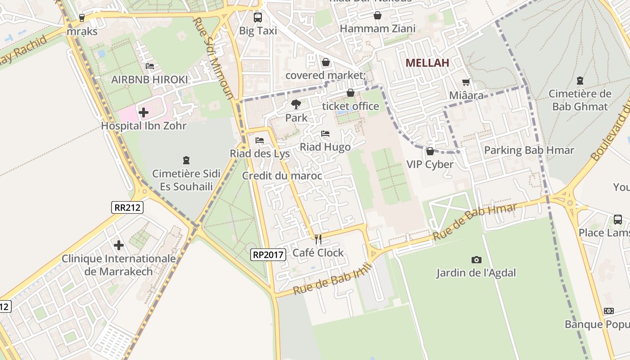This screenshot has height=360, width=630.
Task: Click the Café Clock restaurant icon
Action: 318,239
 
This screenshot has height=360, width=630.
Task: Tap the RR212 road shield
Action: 127,207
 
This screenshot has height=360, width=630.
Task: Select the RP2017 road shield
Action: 268,255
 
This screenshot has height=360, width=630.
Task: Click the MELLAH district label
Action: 427,63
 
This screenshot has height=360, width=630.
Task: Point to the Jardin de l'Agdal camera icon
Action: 476,260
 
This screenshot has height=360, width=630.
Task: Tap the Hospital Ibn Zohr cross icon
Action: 144,112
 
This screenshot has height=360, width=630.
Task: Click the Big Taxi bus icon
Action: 258,18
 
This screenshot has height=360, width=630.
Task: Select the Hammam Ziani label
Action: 378,29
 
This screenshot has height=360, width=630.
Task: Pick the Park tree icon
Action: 296,104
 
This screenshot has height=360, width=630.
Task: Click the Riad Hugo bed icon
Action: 325,134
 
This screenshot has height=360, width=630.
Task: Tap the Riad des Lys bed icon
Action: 260,140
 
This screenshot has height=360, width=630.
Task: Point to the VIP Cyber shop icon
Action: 430,151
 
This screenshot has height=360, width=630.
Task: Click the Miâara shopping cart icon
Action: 466,82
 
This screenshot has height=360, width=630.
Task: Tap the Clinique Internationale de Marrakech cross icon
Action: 119,245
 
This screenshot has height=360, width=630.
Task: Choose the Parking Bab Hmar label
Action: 529,150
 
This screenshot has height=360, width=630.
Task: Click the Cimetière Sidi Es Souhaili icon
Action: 186,160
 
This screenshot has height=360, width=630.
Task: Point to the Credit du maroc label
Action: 282,175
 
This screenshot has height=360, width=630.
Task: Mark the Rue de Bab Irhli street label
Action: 333,279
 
